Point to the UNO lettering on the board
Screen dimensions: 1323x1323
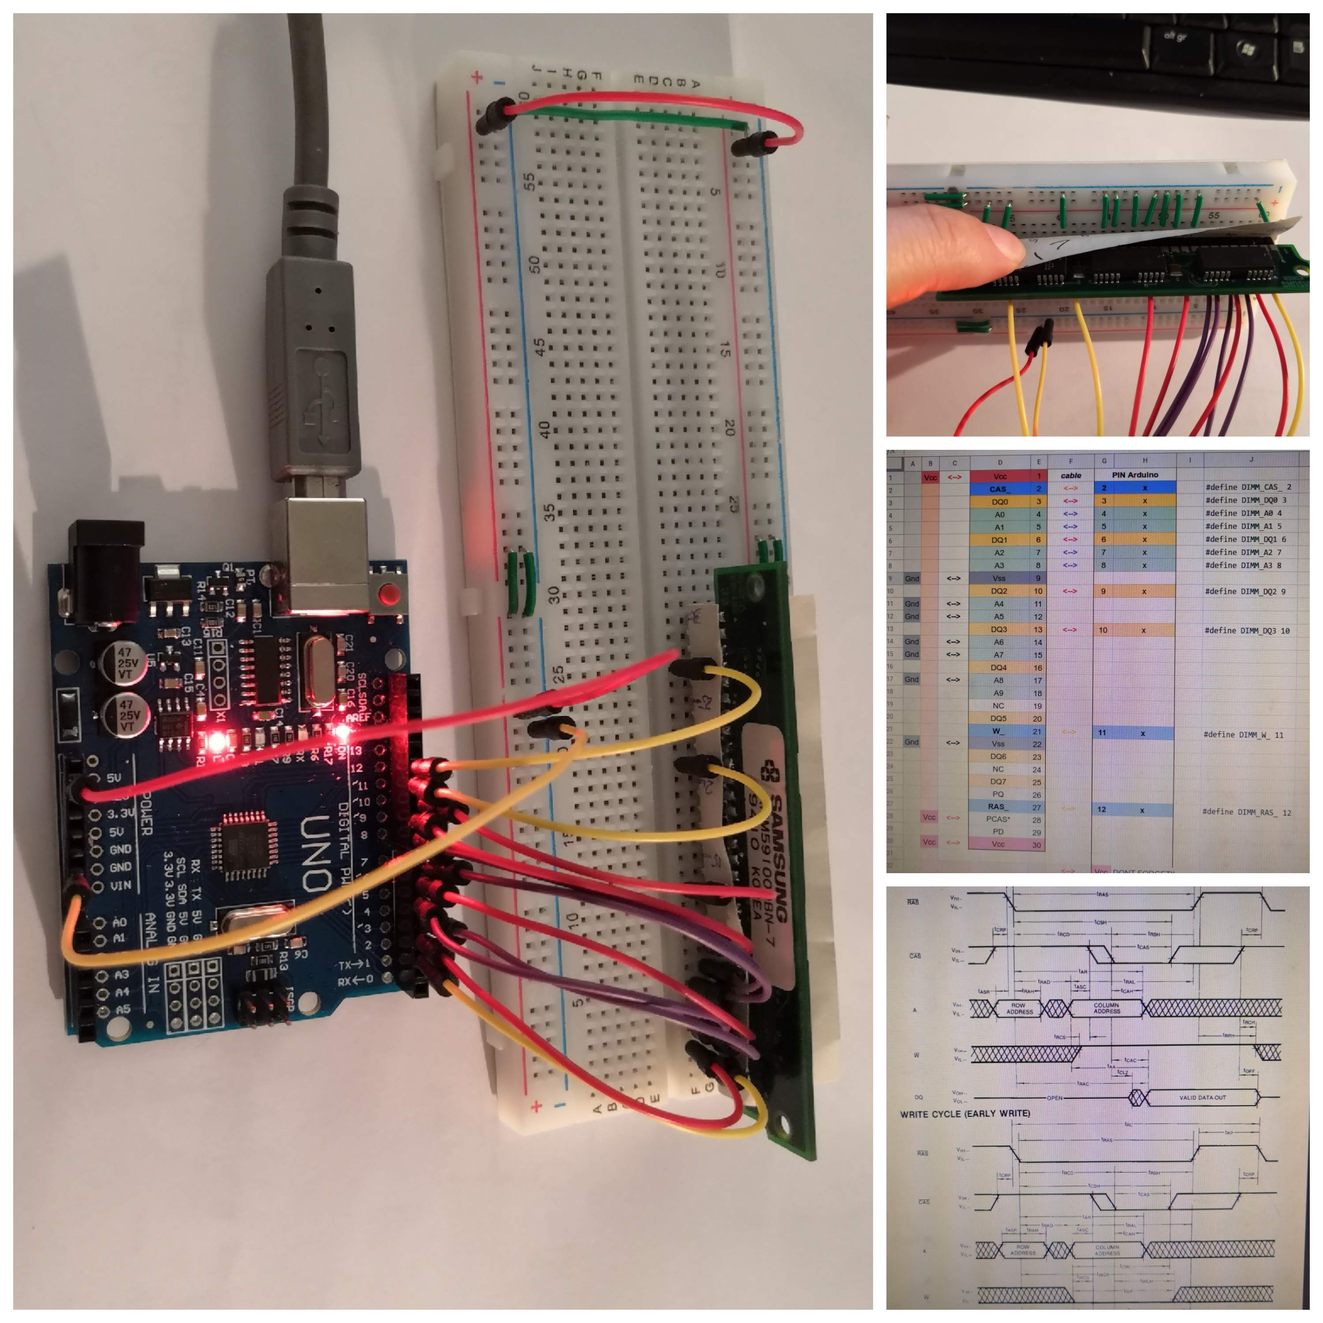click(x=316, y=852)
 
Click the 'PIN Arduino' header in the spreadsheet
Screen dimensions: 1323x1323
click(x=1135, y=475)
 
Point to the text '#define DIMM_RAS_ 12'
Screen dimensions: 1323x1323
click(x=1246, y=812)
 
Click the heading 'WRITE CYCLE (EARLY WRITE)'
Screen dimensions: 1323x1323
click(x=965, y=1114)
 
